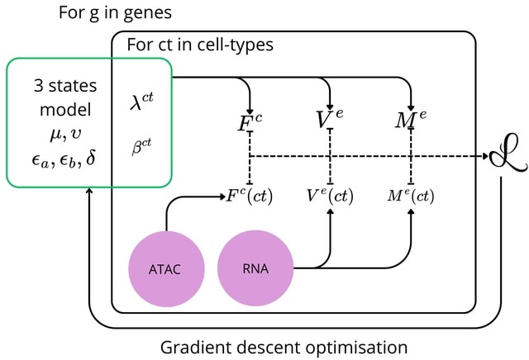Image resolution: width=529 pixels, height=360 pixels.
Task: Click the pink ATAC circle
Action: click(164, 268)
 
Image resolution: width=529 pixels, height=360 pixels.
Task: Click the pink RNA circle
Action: click(255, 268)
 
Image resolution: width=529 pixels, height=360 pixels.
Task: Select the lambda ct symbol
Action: click(141, 102)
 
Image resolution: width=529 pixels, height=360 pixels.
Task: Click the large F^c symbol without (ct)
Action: click(250, 124)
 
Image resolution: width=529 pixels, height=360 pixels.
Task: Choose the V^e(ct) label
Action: click(330, 196)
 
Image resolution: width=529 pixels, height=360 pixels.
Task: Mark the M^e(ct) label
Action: click(410, 196)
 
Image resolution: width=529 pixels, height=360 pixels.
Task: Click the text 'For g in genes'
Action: click(115, 14)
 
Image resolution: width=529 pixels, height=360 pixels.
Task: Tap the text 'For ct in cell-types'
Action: click(200, 44)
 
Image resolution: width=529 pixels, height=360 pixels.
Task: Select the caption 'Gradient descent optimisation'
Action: click(284, 346)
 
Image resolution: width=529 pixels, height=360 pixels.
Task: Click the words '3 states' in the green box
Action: click(65, 86)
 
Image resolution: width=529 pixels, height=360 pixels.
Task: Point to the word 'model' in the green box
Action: click(65, 110)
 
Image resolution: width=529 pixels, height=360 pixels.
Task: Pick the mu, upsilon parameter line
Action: click(65, 134)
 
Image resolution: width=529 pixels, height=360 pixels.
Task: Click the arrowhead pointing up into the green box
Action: click(88, 192)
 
